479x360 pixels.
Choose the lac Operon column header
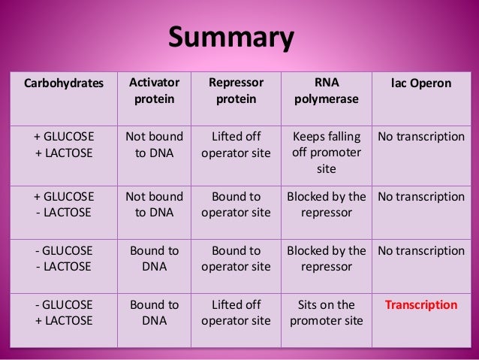[421, 83]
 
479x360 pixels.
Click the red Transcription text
[421, 305]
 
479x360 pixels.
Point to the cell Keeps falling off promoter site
[326, 153]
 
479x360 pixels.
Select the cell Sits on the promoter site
[326, 313]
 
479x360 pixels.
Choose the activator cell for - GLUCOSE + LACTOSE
[154, 313]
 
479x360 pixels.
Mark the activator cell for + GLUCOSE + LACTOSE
[154, 144]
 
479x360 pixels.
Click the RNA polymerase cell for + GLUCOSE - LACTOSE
[326, 204]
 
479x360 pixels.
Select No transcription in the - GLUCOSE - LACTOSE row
[421, 250]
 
